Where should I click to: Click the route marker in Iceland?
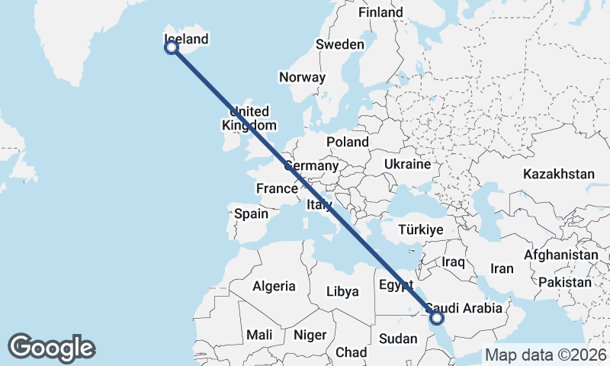pyautogui.click(x=172, y=47)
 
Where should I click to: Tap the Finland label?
pyautogui.click(x=380, y=13)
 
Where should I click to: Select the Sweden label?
pyautogui.click(x=340, y=45)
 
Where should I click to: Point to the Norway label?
pyautogui.click(x=302, y=77)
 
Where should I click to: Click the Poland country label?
pyautogui.click(x=348, y=142)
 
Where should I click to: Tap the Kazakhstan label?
pyautogui.click(x=558, y=175)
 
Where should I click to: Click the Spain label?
pyautogui.click(x=251, y=214)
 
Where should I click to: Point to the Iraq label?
pyautogui.click(x=453, y=262)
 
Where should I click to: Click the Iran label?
pyautogui.click(x=502, y=268)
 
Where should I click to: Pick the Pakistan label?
pyautogui.click(x=564, y=282)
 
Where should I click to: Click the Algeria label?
pyautogui.click(x=274, y=287)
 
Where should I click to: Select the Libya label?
pyautogui.click(x=342, y=291)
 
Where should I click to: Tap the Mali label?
pyautogui.click(x=259, y=335)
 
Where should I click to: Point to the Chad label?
pyautogui.click(x=351, y=352)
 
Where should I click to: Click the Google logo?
pyautogui.click(x=51, y=348)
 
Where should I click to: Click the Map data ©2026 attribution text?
pyautogui.click(x=545, y=355)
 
